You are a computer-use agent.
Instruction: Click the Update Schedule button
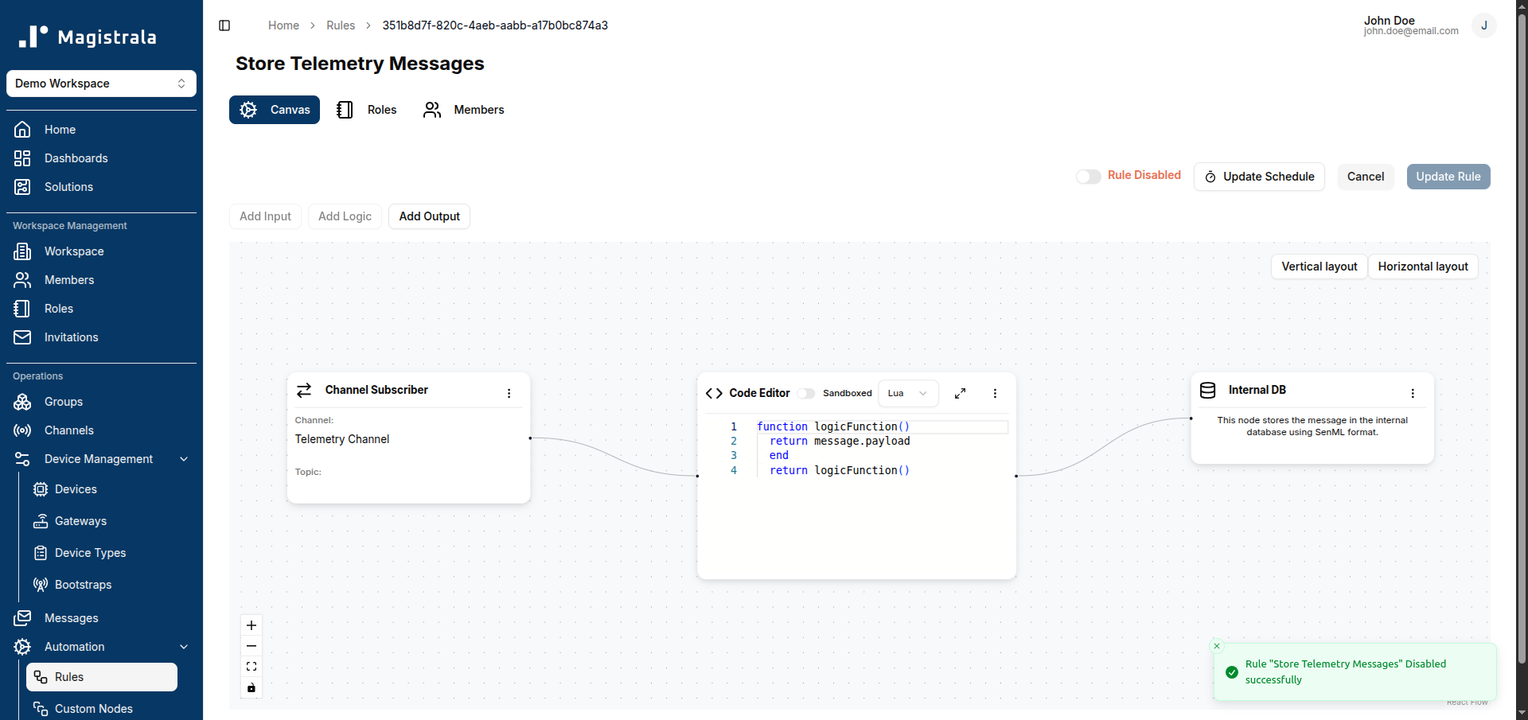point(1259,177)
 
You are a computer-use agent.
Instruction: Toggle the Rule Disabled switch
point(1088,177)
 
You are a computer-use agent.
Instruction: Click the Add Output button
point(429,216)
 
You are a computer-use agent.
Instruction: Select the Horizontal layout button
point(1423,267)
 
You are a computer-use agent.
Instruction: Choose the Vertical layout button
point(1319,267)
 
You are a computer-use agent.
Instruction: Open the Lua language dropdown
point(908,393)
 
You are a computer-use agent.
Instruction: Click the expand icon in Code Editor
point(961,393)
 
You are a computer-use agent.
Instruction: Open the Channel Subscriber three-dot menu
point(509,393)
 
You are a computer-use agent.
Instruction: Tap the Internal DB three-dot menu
point(1413,393)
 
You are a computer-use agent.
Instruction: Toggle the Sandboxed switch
point(806,393)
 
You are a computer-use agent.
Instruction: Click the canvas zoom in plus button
point(251,625)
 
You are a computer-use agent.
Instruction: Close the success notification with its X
point(1217,646)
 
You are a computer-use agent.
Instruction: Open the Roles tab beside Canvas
point(367,110)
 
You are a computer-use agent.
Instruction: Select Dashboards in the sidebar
point(76,158)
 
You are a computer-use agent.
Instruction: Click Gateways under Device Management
point(80,521)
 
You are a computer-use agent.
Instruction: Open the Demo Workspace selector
point(101,84)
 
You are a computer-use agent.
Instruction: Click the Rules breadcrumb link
point(341,25)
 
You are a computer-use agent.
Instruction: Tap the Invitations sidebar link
point(72,337)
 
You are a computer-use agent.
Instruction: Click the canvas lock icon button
point(251,687)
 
